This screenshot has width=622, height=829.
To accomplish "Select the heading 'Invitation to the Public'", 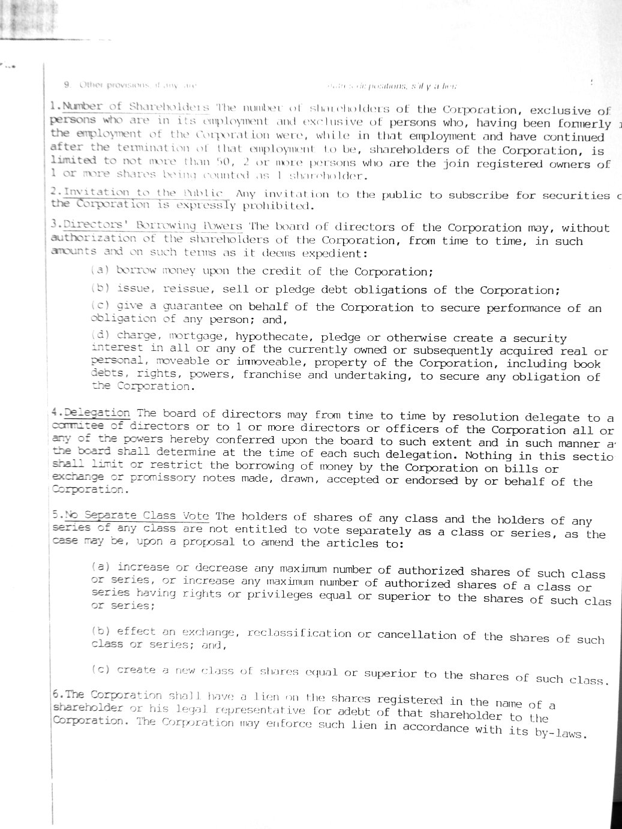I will [x=146, y=193].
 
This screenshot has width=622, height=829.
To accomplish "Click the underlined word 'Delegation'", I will [x=97, y=413].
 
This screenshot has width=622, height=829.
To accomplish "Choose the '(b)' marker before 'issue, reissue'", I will [x=100, y=288].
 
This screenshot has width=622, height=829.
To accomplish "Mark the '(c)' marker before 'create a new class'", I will [x=100, y=669].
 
